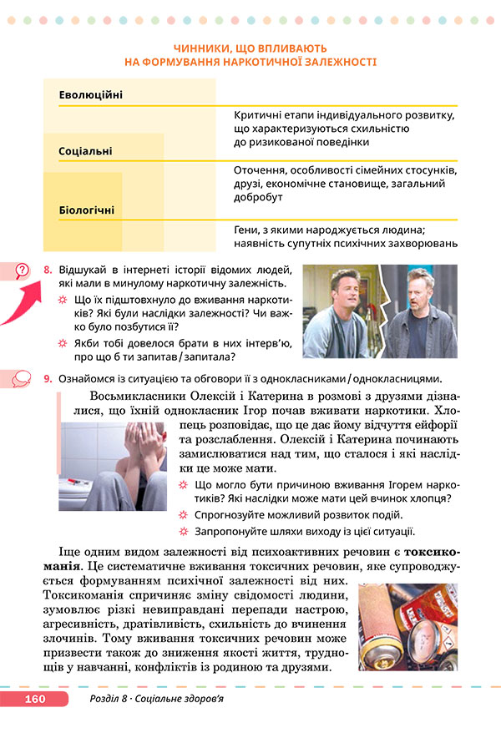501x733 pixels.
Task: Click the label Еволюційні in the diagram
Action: [x=91, y=94]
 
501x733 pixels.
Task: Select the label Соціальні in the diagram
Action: [x=86, y=151]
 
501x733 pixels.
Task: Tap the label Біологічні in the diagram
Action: [x=87, y=210]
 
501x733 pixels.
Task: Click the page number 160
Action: [x=34, y=699]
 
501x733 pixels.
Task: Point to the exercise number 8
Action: [x=48, y=270]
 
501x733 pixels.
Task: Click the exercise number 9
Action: [x=48, y=379]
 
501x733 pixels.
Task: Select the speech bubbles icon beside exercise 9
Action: [x=22, y=379]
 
